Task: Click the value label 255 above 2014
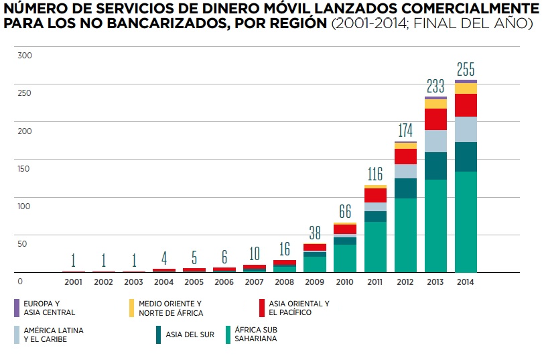click(x=466, y=69)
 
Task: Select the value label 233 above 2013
click(x=435, y=86)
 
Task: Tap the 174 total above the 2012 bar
click(x=405, y=131)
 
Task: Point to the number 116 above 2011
click(x=375, y=174)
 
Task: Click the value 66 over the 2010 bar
click(x=345, y=212)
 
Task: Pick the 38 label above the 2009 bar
click(x=315, y=233)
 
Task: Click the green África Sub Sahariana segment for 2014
click(x=466, y=221)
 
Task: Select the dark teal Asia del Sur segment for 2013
click(x=435, y=166)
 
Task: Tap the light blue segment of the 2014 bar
click(x=466, y=129)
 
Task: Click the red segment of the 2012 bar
click(x=405, y=156)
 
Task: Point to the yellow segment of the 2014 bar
click(x=466, y=88)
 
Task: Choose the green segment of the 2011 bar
click(x=375, y=247)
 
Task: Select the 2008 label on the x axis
click(x=285, y=282)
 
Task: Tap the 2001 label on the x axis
click(x=73, y=282)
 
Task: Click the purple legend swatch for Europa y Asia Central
click(x=17, y=308)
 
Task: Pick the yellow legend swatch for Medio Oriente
click(x=132, y=308)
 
